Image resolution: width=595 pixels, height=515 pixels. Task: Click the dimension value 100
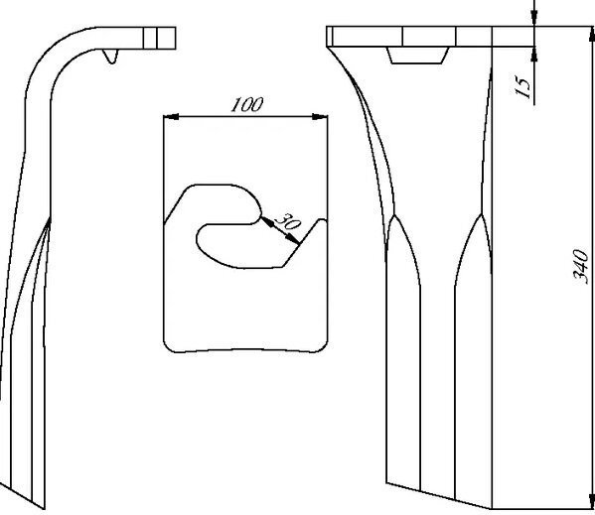(246, 104)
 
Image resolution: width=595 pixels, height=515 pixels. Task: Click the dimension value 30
(288, 222)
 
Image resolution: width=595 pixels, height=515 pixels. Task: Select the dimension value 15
(522, 87)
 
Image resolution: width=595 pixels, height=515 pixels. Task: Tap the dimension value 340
(580, 266)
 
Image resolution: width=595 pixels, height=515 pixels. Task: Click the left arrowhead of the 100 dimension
(171, 117)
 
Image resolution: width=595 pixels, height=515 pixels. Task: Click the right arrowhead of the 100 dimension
(320, 117)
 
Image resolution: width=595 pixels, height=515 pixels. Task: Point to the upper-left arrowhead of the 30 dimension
(266, 221)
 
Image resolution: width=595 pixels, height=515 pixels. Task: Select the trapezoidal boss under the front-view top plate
(417, 56)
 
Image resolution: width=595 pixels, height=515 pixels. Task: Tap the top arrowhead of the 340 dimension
(592, 35)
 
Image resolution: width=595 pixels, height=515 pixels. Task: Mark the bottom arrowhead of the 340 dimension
(592, 501)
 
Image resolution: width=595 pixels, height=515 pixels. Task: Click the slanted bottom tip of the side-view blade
(23, 496)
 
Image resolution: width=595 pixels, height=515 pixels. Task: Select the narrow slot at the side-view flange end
(150, 38)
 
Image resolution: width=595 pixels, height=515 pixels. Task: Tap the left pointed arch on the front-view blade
(402, 250)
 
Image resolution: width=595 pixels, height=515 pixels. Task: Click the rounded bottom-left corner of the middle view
(169, 346)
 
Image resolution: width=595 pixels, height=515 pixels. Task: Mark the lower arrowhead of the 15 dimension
(534, 55)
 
